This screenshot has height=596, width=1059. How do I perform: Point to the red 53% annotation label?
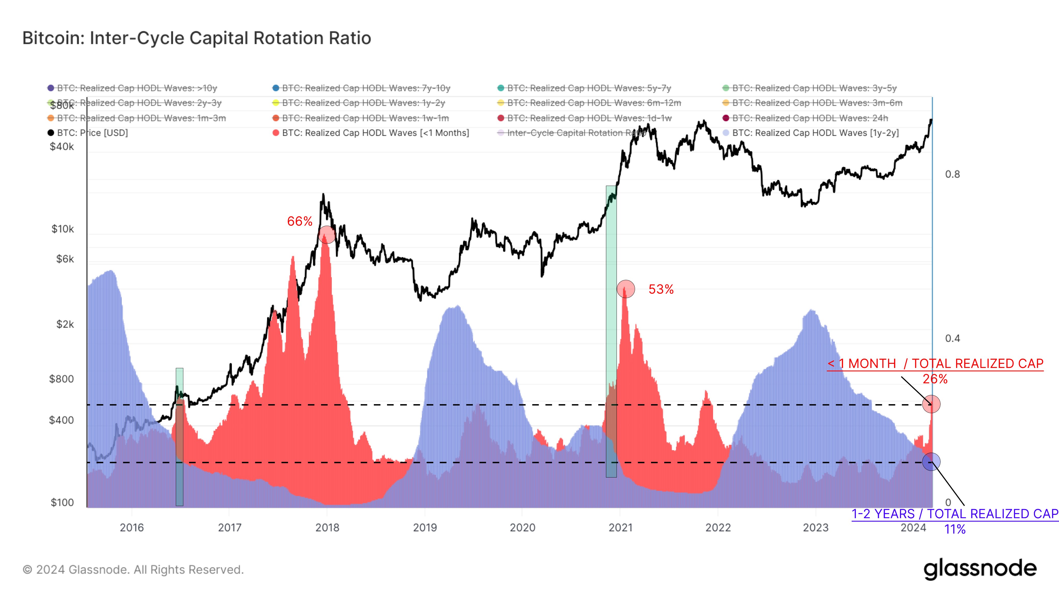click(x=661, y=289)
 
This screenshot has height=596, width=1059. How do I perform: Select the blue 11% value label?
click(x=955, y=529)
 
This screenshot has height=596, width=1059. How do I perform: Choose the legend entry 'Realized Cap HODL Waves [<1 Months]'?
click(x=375, y=133)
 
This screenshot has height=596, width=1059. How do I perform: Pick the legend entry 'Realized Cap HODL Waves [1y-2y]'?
click(x=815, y=133)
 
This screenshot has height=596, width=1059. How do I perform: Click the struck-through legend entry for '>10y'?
click(x=137, y=88)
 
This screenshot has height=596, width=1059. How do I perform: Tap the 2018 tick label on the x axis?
click(x=327, y=527)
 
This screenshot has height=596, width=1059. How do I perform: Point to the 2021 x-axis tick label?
click(x=620, y=527)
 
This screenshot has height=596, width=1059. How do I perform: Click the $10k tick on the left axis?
click(x=63, y=229)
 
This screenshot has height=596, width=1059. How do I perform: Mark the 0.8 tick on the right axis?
click(x=952, y=174)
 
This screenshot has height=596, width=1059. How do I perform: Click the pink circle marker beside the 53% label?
click(x=626, y=289)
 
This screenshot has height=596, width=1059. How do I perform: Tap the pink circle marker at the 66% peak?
click(x=327, y=235)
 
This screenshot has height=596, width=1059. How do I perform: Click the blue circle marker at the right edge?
click(x=931, y=462)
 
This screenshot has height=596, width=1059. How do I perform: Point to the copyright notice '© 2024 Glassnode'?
click(x=133, y=569)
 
